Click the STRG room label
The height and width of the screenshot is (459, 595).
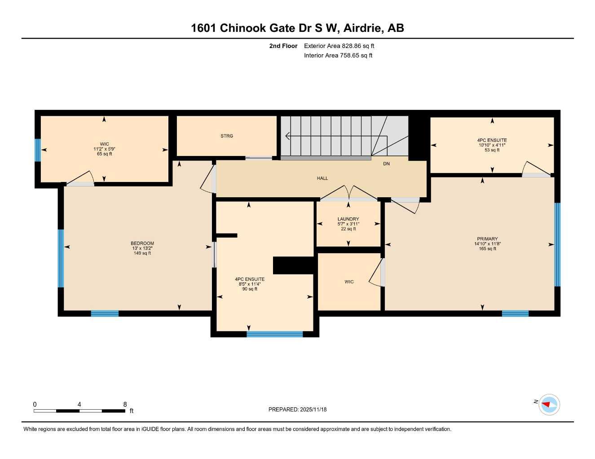tap(227, 136)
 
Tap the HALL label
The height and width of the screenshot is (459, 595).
tap(322, 178)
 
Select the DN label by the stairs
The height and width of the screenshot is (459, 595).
tap(386, 164)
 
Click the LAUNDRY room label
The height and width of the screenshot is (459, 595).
tap(348, 219)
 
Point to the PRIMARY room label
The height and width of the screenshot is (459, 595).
tap(487, 239)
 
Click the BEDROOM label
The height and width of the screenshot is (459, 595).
tap(142, 243)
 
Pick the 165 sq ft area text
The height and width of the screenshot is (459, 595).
tap(487, 249)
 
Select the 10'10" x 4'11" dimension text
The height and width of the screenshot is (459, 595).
tap(492, 145)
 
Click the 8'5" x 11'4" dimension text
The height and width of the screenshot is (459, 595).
tap(250, 284)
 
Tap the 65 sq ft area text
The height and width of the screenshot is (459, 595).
tap(104, 154)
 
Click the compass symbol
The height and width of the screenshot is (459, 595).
tap(549, 404)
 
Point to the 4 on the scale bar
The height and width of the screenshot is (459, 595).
tap(79, 404)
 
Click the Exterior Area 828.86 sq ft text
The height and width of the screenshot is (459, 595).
tap(339, 46)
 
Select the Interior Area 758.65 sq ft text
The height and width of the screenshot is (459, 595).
tap(338, 56)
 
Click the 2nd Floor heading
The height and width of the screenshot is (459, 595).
tap(283, 46)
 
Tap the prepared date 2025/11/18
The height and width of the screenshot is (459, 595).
tap(313, 409)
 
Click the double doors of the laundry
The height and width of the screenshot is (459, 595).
tap(348, 193)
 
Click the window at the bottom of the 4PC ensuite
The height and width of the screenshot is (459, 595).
tap(275, 334)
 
